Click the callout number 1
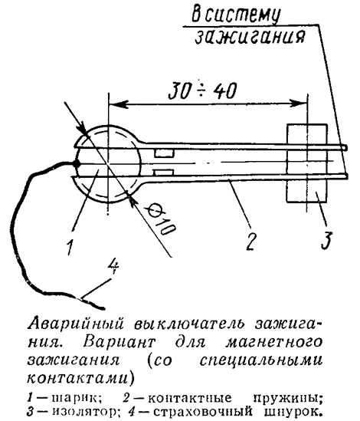tap(70, 247)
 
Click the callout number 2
tap(250, 241)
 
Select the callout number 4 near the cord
tap(113, 266)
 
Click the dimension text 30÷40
tap(203, 90)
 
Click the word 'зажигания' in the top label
tap(250, 37)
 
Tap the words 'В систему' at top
tap(236, 15)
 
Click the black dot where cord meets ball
tap(77, 163)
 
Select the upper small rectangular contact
tap(164, 153)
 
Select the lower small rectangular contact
tap(164, 173)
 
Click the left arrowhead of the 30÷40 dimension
tap(117, 103)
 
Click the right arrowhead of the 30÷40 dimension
tap(299, 103)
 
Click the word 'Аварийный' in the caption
tap(76, 324)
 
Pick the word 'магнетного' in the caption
tap(274, 343)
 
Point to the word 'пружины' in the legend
tap(287, 399)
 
